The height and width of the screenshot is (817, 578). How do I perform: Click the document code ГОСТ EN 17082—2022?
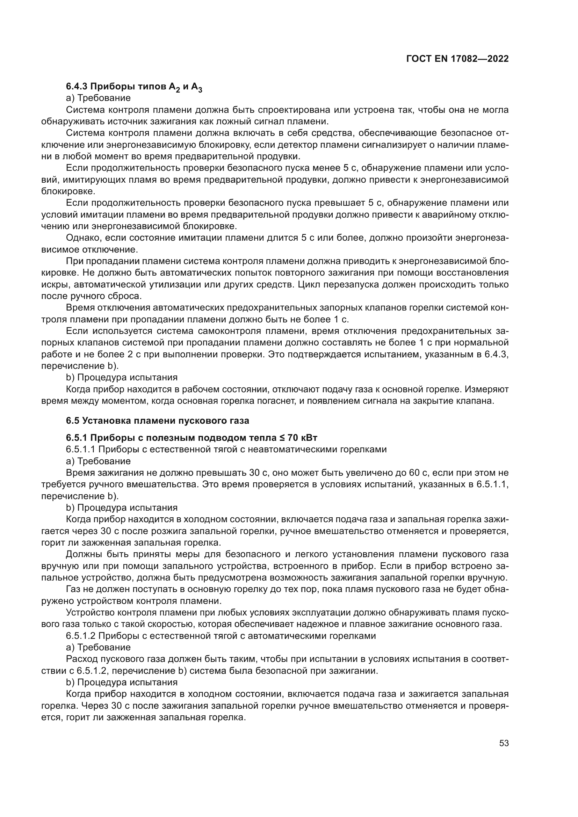[x=457, y=59]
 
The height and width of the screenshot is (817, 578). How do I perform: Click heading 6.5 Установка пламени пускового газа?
[x=157, y=421]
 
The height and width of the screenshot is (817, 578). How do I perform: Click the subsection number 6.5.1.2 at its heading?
[x=80, y=635]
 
